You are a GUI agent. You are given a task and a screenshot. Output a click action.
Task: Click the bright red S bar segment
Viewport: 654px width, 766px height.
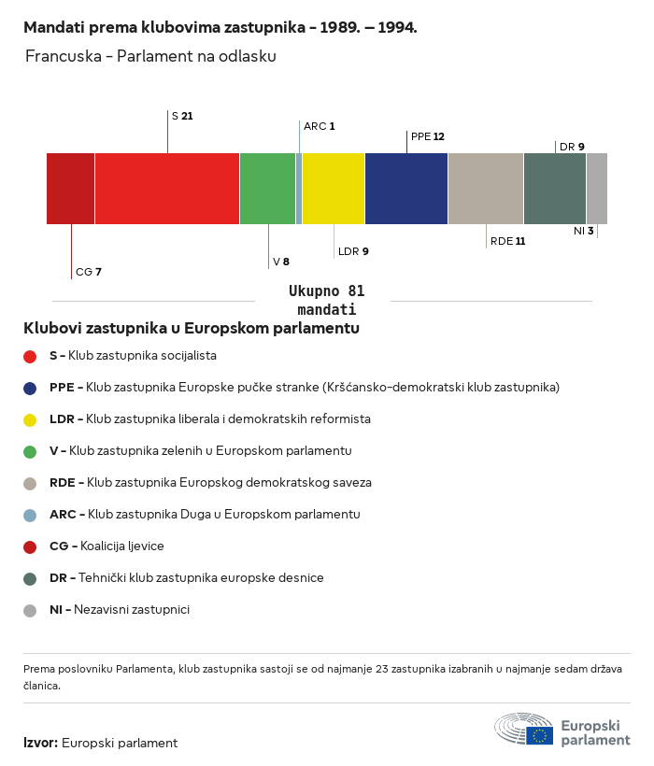(x=166, y=188)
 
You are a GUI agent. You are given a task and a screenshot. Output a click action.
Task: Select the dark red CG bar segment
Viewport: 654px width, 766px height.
(x=70, y=188)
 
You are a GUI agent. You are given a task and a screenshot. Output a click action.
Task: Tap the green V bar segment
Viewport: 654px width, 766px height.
(x=267, y=188)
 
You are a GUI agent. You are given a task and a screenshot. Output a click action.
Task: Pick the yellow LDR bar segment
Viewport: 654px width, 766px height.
(x=333, y=188)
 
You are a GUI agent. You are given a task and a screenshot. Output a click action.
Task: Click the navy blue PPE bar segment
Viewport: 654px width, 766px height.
(x=405, y=188)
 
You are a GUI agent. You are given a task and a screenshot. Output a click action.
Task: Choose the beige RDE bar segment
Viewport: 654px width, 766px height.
(x=485, y=188)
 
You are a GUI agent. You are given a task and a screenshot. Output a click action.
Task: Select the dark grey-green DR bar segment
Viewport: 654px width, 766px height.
(x=554, y=188)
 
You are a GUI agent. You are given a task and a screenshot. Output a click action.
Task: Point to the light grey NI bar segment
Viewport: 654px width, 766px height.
(x=596, y=188)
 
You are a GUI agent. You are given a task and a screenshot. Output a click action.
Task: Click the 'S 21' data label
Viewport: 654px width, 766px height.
(x=182, y=116)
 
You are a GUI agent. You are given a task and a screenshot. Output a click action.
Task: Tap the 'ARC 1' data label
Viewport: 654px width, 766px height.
(x=319, y=125)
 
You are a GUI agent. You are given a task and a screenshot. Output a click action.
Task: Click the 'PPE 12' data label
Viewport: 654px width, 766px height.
(x=427, y=136)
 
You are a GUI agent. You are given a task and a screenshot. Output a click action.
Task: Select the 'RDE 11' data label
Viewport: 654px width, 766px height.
(x=507, y=241)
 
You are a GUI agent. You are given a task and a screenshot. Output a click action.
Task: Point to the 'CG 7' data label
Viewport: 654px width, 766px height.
(x=88, y=272)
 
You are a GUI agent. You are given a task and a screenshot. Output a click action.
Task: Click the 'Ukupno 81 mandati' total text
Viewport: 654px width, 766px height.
(x=326, y=300)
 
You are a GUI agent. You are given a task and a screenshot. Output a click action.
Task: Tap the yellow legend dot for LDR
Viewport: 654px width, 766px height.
(x=30, y=419)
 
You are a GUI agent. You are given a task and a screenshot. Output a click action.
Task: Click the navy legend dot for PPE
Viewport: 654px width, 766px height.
(x=30, y=388)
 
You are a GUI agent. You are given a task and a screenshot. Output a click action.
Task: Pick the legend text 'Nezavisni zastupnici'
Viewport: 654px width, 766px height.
(x=131, y=609)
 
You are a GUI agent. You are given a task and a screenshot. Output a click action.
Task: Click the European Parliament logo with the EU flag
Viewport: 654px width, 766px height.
(x=562, y=730)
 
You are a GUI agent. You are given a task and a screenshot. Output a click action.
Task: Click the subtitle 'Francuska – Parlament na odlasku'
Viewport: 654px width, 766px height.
(x=150, y=56)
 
